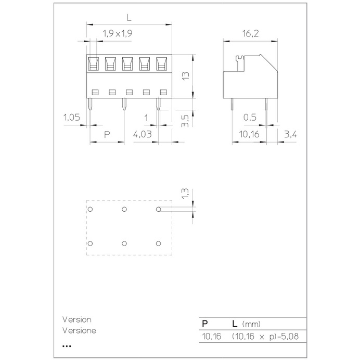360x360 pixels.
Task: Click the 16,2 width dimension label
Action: click(x=250, y=34)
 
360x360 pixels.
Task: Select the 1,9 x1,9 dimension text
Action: click(x=118, y=34)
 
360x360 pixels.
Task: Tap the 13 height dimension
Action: click(x=186, y=76)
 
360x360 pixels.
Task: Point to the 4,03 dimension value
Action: click(x=143, y=134)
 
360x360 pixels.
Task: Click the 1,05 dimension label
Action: click(x=72, y=118)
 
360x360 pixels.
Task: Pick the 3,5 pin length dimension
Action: click(x=185, y=121)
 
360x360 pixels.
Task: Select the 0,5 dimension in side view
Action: click(x=250, y=118)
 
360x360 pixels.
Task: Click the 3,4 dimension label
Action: click(x=290, y=134)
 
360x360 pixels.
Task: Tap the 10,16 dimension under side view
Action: click(x=249, y=134)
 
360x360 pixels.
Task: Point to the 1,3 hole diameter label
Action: click(x=185, y=194)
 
